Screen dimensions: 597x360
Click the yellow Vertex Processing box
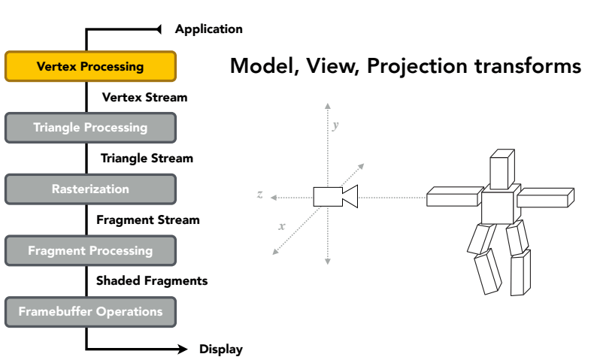91,66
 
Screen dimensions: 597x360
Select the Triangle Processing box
91,128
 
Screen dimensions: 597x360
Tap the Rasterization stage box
91,189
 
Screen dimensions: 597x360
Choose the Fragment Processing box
91,251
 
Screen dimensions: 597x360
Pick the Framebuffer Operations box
91,312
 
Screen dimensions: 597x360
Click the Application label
208,29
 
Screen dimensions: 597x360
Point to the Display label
221,349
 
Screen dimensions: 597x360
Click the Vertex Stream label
144,98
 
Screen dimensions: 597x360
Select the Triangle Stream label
147,159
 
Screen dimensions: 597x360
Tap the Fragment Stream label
148,220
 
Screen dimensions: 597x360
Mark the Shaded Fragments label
152,281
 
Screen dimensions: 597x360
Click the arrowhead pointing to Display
183,349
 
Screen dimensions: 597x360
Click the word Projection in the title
417,67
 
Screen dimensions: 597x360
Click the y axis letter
335,126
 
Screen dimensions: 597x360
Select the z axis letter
259,195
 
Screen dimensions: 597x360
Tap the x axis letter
282,226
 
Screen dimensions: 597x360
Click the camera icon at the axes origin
335,196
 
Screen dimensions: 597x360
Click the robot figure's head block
502,169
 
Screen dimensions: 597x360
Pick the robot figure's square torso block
500,205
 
